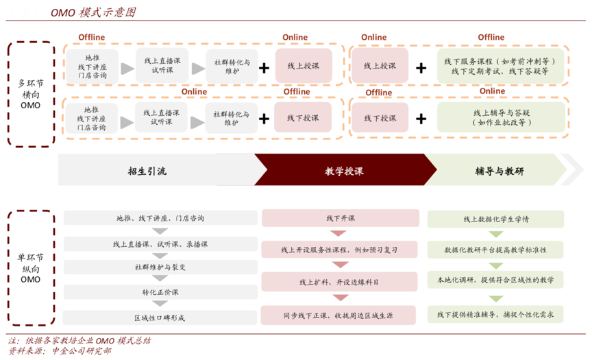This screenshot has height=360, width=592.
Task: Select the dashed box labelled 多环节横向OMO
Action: click(x=31, y=94)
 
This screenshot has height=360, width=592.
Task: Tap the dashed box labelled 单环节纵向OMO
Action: click(x=31, y=268)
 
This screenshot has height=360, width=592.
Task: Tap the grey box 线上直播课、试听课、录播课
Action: click(x=160, y=243)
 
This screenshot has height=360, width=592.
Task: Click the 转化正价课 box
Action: click(x=160, y=292)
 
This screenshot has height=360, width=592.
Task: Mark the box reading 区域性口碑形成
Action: click(x=160, y=317)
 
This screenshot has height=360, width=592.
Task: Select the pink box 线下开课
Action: click(x=340, y=218)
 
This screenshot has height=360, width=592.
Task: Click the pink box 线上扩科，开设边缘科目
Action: click(x=340, y=282)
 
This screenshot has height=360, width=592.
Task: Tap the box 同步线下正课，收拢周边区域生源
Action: click(x=340, y=315)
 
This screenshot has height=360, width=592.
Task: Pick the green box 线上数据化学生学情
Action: click(x=495, y=219)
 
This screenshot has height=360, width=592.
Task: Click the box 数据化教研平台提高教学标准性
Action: click(x=495, y=250)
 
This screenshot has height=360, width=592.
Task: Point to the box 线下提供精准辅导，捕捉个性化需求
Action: click(x=495, y=315)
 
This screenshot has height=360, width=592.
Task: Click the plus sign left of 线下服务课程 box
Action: click(x=421, y=67)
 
